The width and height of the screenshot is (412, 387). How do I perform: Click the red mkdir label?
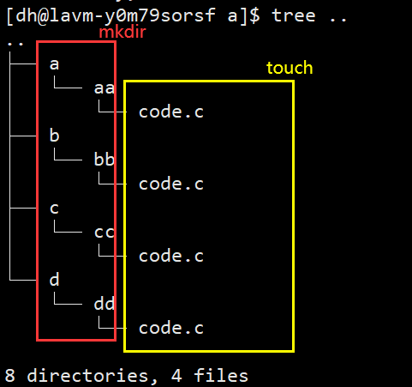pos(122,32)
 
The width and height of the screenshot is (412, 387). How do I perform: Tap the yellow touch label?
pos(290,68)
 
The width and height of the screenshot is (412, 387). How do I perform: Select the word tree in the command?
pos(294,15)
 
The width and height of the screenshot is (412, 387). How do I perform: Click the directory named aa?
pos(104,88)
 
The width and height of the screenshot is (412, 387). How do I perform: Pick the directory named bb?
pos(104,160)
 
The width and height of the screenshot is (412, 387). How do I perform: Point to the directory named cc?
pos(104,233)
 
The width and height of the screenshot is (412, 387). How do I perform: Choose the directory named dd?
pos(104,304)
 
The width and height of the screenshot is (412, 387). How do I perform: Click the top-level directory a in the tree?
pos(54,64)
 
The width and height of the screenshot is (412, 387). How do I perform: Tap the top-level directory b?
pos(54,136)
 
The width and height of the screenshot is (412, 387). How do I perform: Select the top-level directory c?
pos(54,209)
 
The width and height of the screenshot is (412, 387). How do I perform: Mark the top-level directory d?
pos(54,280)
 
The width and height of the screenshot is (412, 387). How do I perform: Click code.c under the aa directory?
pos(171,112)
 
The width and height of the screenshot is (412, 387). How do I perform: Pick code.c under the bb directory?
pos(171,184)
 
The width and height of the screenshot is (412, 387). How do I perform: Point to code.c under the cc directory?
pos(171,256)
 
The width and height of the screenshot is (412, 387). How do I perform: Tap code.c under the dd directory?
pos(171,328)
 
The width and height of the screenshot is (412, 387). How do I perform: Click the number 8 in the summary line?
pos(10,376)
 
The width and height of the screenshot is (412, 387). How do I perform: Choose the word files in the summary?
pos(221,376)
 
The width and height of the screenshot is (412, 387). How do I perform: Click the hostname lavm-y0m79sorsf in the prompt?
pos(133,15)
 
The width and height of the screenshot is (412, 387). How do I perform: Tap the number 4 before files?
pos(176,376)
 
